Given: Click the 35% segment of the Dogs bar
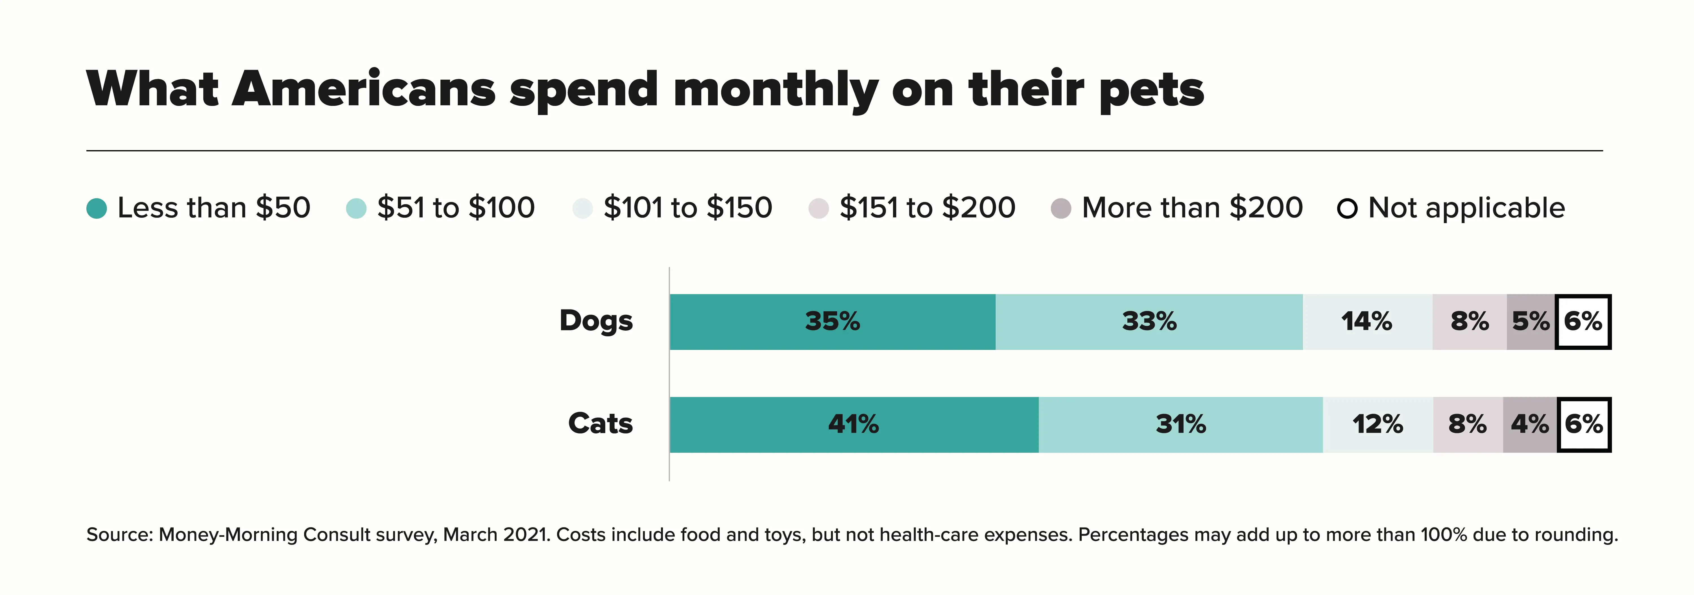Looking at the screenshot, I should [x=833, y=321].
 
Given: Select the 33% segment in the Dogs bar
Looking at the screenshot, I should [x=1149, y=321].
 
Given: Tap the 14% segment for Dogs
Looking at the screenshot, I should [x=1367, y=321].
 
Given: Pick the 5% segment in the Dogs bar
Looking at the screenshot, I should [x=1530, y=321].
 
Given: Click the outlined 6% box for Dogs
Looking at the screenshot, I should [x=1583, y=321].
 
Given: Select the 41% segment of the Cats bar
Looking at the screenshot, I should [x=853, y=424].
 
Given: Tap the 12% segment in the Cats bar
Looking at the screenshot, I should [x=1378, y=424].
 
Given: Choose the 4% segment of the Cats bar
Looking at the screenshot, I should [x=1530, y=424].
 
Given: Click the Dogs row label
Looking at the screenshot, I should [x=596, y=321].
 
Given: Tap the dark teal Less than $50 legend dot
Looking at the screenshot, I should [x=97, y=208].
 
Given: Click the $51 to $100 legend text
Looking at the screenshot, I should [x=456, y=208].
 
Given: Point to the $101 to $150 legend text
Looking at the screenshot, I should [x=688, y=208].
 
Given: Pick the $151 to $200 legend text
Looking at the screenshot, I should [x=927, y=208].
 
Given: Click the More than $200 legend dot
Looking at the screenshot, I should [x=1061, y=208].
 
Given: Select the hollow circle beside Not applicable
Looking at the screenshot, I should [x=1347, y=208].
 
